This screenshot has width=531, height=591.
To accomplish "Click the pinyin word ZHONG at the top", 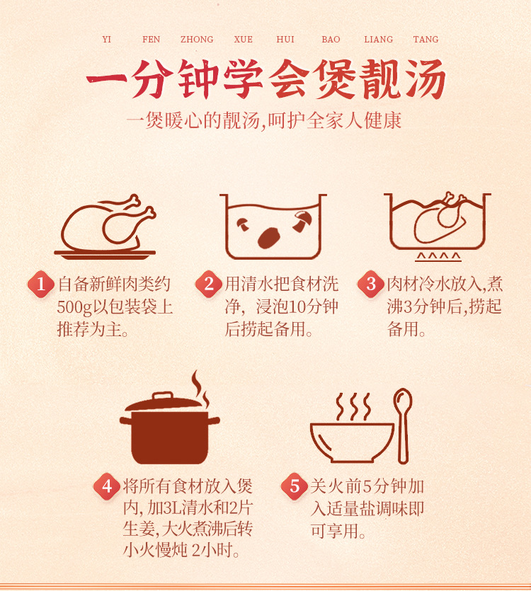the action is (x=197, y=39).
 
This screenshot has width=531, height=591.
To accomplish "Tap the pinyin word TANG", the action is (x=426, y=39).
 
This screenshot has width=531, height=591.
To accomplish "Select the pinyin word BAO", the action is (x=331, y=39).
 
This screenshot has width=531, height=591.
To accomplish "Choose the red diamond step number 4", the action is (x=107, y=486).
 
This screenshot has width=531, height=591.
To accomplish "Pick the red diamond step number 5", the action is (x=295, y=486).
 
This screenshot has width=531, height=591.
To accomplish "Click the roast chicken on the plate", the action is (x=108, y=226).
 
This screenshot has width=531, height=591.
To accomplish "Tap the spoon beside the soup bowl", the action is (x=403, y=426).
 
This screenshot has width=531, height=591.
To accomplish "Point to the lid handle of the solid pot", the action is (x=163, y=395).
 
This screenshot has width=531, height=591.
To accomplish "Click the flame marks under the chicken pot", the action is (x=438, y=257).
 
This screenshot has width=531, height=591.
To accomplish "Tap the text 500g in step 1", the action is (x=74, y=307).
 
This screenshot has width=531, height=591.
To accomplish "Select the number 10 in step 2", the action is (x=297, y=306).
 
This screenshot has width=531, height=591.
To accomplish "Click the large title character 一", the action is (x=107, y=79).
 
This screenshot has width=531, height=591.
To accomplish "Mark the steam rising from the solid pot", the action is (x=200, y=389).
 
